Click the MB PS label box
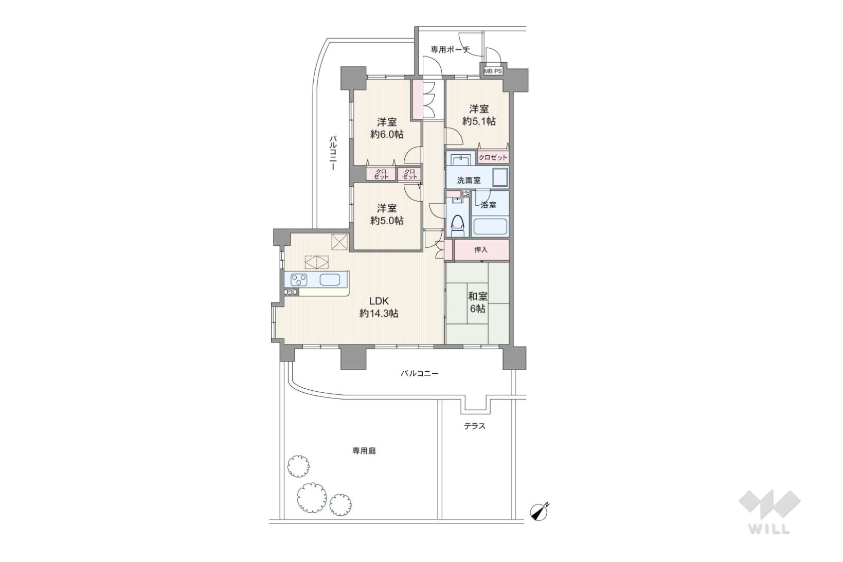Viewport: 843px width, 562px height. click(x=493, y=71)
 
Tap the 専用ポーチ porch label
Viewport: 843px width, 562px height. click(x=450, y=49)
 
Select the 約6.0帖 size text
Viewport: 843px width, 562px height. click(x=387, y=134)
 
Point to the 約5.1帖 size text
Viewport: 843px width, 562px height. click(x=479, y=121)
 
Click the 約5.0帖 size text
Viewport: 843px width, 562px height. click(x=387, y=221)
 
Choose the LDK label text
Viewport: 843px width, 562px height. click(x=379, y=301)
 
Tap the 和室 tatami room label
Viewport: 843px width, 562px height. click(x=478, y=296)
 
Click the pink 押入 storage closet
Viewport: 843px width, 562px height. click(x=481, y=250)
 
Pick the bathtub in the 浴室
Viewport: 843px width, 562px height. click(x=490, y=227)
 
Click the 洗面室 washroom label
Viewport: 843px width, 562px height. click(x=469, y=180)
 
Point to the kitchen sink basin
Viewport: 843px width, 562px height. click(x=330, y=280)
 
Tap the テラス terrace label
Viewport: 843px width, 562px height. click(x=475, y=426)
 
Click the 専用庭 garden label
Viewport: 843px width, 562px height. click(x=364, y=450)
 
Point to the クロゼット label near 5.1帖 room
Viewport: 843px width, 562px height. click(x=493, y=158)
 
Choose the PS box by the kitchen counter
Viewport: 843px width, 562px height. click(x=291, y=292)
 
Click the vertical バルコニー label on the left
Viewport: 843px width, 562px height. click(x=333, y=153)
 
